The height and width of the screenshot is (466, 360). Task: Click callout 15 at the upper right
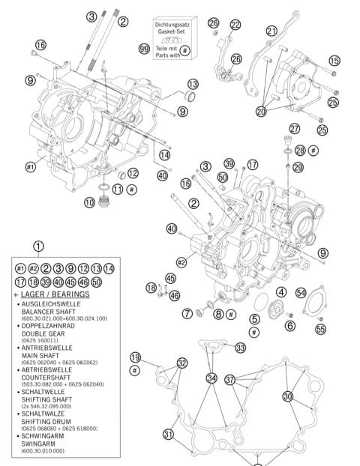pyautogui.click(x=334, y=60)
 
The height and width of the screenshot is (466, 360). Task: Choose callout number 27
pyautogui.click(x=294, y=128)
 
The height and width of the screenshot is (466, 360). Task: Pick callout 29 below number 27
pyautogui.click(x=298, y=166)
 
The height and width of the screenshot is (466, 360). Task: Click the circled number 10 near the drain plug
pyautogui.click(x=90, y=202)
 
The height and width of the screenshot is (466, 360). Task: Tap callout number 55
pyautogui.click(x=321, y=328)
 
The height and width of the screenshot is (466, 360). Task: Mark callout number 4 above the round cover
pyautogui.click(x=280, y=291)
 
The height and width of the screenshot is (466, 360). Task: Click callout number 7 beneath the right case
pyautogui.click(x=187, y=312)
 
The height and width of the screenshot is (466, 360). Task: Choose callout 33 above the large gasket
pyautogui.click(x=240, y=348)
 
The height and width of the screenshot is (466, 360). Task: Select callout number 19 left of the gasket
pyautogui.click(x=135, y=357)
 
